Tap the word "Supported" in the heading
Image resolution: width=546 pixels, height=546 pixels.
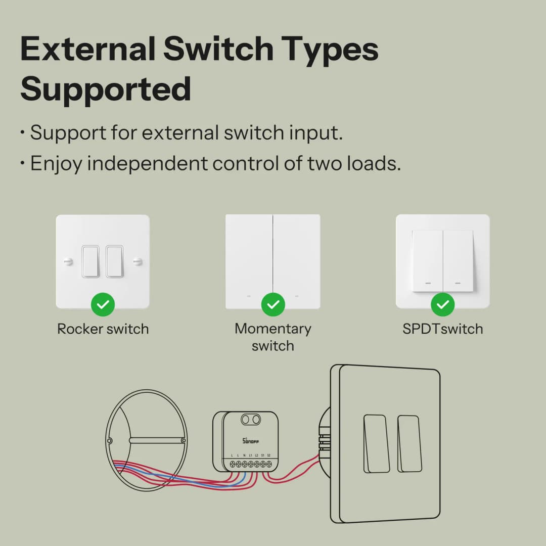pyautogui.click(x=106, y=89)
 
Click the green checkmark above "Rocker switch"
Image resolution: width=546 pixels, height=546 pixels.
pyautogui.click(x=103, y=304)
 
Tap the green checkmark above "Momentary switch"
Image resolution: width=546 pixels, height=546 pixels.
pyautogui.click(x=273, y=304)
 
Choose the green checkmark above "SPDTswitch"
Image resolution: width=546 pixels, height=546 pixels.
pyautogui.click(x=443, y=304)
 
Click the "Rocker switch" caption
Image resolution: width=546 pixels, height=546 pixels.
pyautogui.click(x=103, y=329)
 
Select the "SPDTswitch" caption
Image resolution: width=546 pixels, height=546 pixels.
pyautogui.click(x=443, y=329)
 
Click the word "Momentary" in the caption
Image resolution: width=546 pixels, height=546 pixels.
pyautogui.click(x=273, y=329)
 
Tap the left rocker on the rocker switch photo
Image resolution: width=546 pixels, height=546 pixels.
pyautogui.click(x=90, y=261)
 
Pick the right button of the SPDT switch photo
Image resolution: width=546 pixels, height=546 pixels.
pyautogui.click(x=459, y=261)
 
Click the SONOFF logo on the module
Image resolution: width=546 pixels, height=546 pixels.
pyautogui.click(x=251, y=441)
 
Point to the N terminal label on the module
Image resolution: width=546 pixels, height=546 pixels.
pyautogui.click(x=244, y=456)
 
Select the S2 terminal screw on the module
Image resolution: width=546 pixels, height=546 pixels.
pyautogui.click(x=269, y=464)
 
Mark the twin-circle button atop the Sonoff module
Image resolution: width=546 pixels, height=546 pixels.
pyautogui.click(x=251, y=420)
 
